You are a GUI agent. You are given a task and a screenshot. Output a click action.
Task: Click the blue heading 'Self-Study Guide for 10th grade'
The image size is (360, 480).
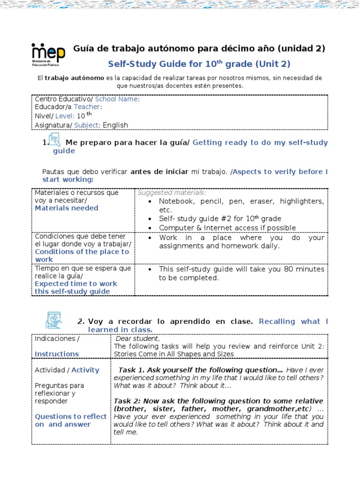click(199, 64)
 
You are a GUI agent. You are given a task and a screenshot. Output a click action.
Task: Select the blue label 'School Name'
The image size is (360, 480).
click(116, 99)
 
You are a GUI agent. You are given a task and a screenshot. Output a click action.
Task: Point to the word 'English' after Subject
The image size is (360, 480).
click(115, 125)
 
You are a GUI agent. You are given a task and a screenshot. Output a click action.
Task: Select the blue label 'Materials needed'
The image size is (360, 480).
click(66, 208)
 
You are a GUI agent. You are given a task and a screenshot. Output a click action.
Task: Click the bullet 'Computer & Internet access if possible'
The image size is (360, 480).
click(227, 228)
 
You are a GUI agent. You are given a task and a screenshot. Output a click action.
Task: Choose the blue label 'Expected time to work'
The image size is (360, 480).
click(75, 284)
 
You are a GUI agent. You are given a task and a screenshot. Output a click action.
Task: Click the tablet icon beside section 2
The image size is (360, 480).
click(53, 320)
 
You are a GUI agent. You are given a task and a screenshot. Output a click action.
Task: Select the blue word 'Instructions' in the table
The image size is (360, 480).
click(57, 354)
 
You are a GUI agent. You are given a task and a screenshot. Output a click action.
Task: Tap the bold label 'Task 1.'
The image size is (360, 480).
click(133, 370)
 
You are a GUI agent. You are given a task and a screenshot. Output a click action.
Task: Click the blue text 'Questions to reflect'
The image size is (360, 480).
click(71, 416)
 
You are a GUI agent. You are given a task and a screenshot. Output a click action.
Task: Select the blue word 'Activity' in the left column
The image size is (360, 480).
click(85, 370)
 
